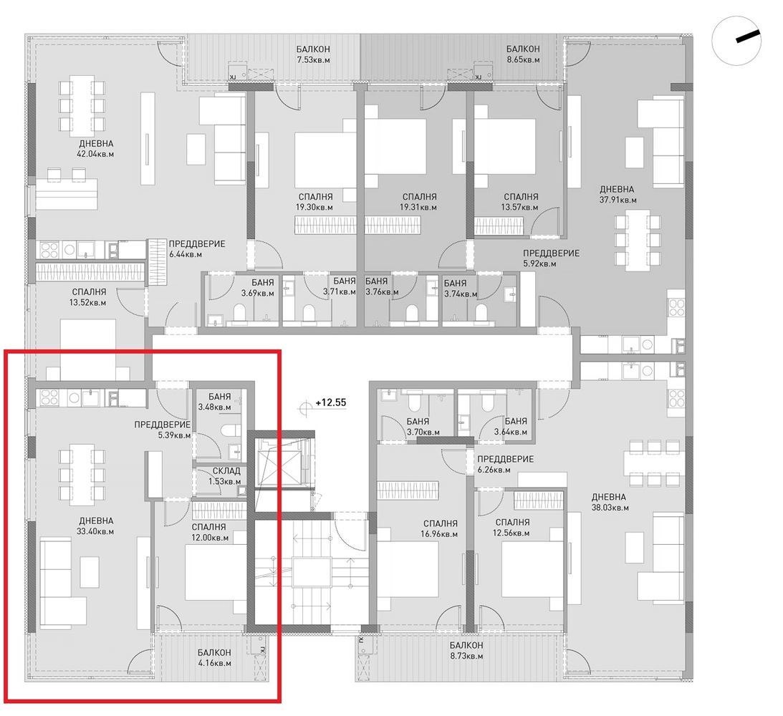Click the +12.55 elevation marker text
330,402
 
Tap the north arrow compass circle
736,42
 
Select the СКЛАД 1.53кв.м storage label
226,476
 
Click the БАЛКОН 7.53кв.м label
313,54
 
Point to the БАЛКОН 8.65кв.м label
523,54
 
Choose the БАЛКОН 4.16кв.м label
214,657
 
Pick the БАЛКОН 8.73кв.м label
466,650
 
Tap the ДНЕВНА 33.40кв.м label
95,526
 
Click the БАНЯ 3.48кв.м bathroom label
215,402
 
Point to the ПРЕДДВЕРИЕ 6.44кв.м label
197,249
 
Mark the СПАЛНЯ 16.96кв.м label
441,529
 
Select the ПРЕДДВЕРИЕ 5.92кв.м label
552,258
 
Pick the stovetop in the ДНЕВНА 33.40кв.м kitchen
49,398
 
